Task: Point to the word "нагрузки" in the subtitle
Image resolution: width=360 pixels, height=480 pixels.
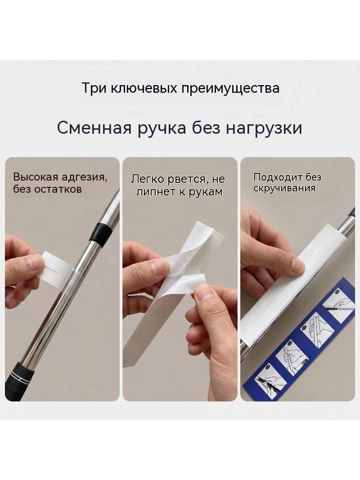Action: coord(264,129)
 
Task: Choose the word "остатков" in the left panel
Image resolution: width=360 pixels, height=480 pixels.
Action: coord(58,189)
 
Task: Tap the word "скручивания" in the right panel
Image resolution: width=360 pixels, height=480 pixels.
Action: coord(284,188)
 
